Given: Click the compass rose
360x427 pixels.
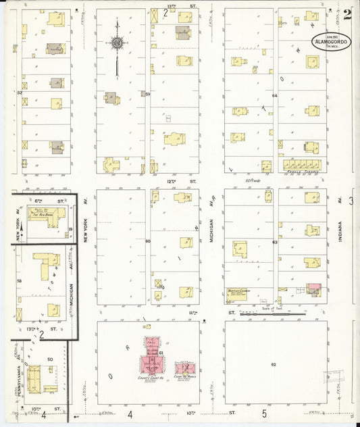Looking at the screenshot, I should click(117, 43).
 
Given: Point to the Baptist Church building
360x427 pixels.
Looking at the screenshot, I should click(236, 294).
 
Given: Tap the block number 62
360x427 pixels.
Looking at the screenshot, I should click(274, 364).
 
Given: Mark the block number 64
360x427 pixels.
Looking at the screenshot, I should click(275, 96).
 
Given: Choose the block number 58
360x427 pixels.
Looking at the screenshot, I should click(20, 281).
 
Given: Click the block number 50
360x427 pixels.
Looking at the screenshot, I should click(50, 359).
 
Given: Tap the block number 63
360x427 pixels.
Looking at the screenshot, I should click(275, 241).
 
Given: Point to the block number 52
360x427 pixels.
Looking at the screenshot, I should click(20, 93).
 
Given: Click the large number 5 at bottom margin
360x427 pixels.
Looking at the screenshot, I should click(264, 413).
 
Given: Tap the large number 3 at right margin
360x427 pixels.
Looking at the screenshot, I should click(351, 201).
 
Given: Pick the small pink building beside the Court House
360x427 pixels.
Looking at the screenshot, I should click(184, 369).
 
